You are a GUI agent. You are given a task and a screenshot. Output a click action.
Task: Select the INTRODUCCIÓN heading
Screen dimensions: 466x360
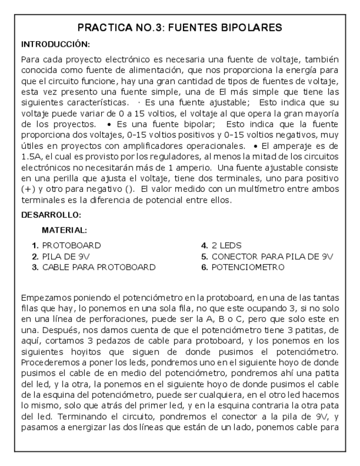click(x=55, y=43)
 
